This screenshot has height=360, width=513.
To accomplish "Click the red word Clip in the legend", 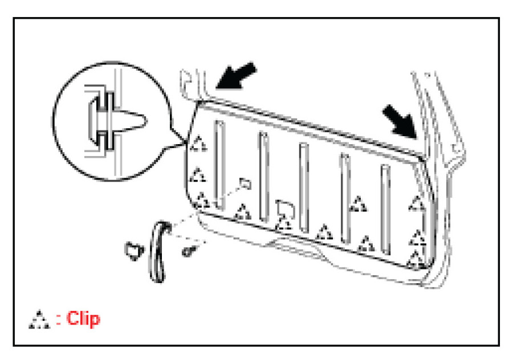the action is [83, 318].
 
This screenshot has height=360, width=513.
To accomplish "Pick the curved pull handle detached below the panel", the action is [156, 251].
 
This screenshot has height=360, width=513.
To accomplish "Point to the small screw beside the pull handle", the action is [188, 249].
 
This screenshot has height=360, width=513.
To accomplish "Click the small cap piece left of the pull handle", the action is [134, 248].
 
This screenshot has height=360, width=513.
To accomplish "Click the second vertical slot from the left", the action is [263, 175].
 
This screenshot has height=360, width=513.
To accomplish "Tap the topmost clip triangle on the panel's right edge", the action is [418, 203].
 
